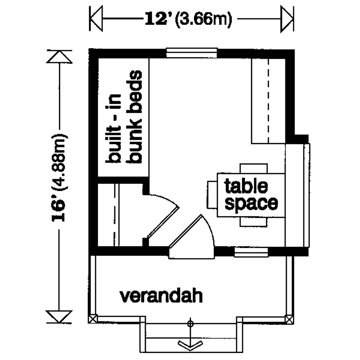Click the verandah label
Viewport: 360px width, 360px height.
pos(161,296)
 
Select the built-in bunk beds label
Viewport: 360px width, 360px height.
pos(123,117)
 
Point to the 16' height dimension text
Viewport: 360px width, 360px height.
pos(59,178)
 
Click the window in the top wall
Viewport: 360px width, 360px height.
pos(192,53)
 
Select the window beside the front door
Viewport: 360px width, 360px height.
pos(251,252)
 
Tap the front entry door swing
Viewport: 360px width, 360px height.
pos(192,237)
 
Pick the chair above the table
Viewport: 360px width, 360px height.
pos(254,168)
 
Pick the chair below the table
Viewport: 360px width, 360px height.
pos(254,222)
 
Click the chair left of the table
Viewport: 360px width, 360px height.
pos(212,195)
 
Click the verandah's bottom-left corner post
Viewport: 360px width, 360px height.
pos(92,319)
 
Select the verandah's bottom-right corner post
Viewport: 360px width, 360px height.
pos(290,319)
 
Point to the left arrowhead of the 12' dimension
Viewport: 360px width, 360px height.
pos(96,19)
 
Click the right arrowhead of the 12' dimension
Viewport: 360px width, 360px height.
pos(287,19)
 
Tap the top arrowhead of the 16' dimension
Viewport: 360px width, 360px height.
pos(59,57)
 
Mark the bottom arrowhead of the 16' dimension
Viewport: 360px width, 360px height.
pos(59,317)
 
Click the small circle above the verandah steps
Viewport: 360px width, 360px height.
pos(190,324)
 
